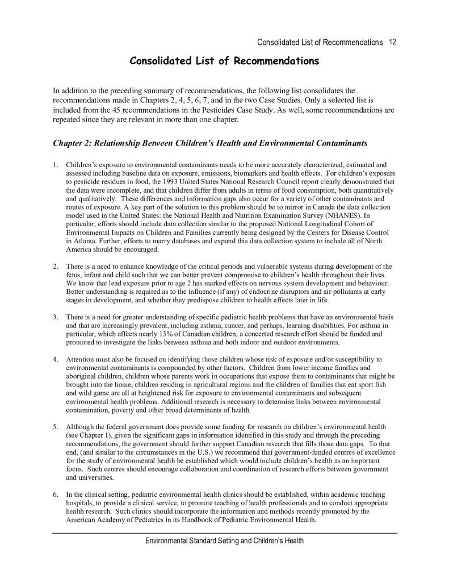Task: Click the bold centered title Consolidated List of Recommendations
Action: [224, 61]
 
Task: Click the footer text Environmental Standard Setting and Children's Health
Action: [224, 541]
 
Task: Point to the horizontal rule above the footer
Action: [224, 533]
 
